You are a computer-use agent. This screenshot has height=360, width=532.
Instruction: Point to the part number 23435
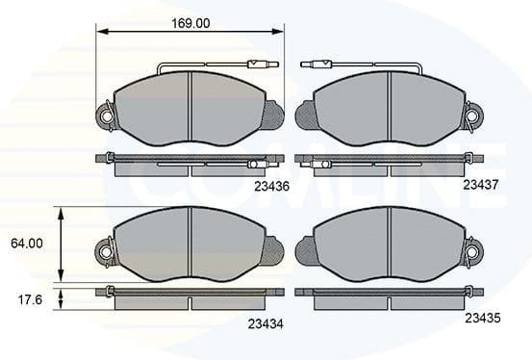(x=482, y=317)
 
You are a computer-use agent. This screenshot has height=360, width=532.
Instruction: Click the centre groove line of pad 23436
(x=191, y=111)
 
